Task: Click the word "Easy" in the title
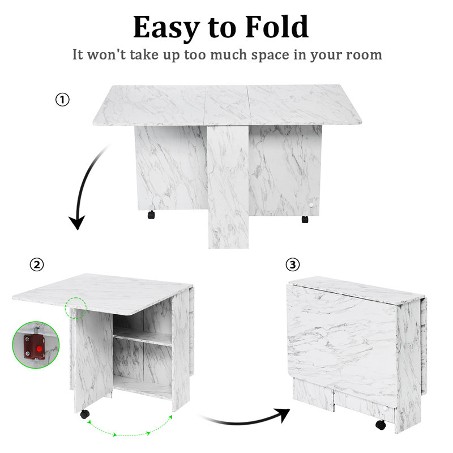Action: point(166,28)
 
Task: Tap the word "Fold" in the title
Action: point(277,27)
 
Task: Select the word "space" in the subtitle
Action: point(270,55)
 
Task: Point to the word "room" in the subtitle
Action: point(364,55)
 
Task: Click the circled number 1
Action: point(62,100)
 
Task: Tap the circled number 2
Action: point(37,264)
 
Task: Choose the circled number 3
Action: point(293,264)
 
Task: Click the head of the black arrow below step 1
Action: point(77,222)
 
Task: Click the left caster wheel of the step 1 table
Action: point(151,215)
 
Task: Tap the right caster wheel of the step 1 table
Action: point(305,219)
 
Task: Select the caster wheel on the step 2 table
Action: point(84,414)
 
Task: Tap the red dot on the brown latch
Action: point(39,349)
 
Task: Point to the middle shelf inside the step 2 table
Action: point(143,339)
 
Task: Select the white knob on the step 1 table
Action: point(311,205)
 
